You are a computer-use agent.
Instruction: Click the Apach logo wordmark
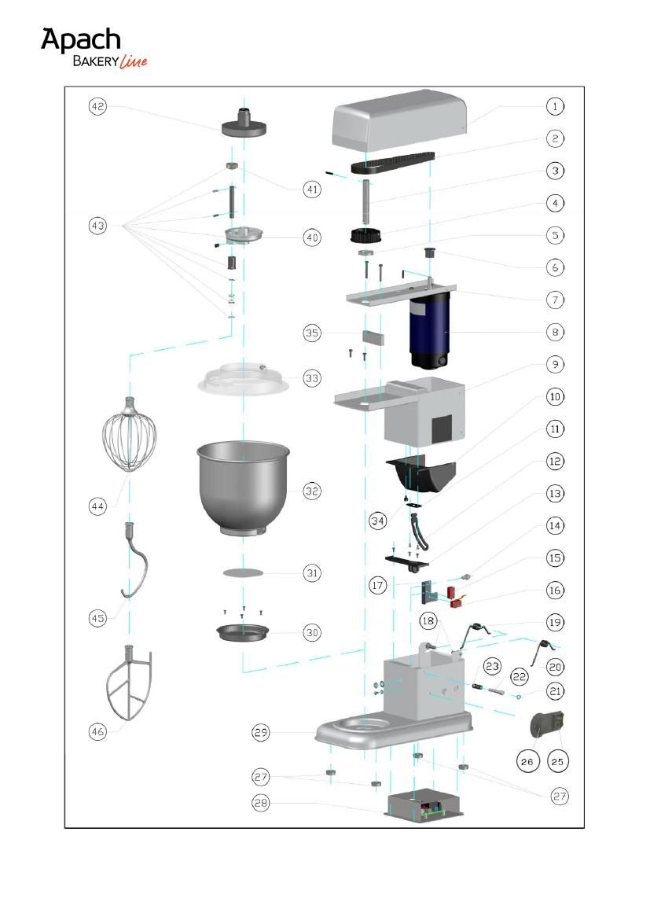pyautogui.click(x=81, y=40)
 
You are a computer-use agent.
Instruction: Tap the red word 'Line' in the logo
pyautogui.click(x=133, y=61)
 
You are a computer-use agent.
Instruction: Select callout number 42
pyautogui.click(x=97, y=107)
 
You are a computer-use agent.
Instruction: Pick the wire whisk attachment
pyautogui.click(x=129, y=434)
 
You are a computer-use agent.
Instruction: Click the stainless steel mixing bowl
pyautogui.click(x=244, y=487)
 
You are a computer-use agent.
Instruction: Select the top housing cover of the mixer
pyautogui.click(x=399, y=121)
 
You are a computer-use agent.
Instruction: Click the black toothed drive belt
pyautogui.click(x=393, y=162)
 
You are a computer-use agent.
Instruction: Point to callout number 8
pyautogui.click(x=555, y=332)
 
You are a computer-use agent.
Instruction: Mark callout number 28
pyautogui.click(x=261, y=803)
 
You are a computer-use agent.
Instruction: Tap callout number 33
pyautogui.click(x=312, y=378)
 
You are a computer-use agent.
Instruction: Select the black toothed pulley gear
pyautogui.click(x=366, y=236)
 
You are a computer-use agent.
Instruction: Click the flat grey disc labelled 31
pyautogui.click(x=243, y=572)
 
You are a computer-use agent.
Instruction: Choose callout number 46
pyautogui.click(x=97, y=731)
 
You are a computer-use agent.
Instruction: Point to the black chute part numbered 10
pyautogui.click(x=420, y=475)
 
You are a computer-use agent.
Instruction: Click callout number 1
pyautogui.click(x=555, y=107)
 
